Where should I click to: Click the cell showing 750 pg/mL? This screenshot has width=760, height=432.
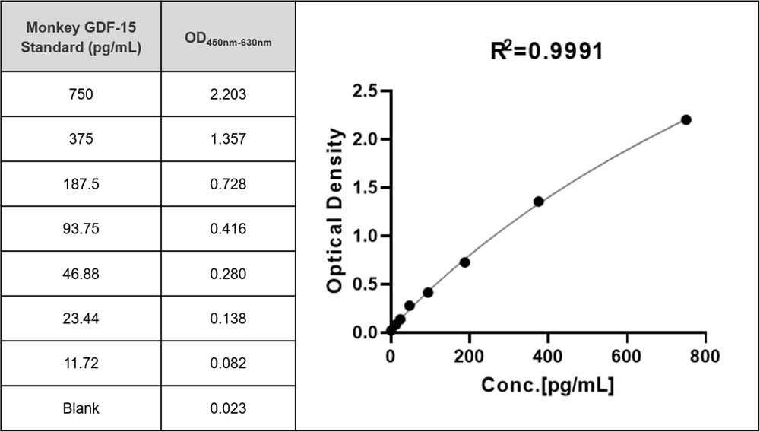(x=81, y=94)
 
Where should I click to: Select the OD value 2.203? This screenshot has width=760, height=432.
(x=228, y=94)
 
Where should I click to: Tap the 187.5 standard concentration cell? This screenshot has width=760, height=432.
(x=81, y=184)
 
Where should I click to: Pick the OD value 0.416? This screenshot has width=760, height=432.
(x=228, y=229)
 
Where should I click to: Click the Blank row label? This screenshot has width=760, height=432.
(x=81, y=408)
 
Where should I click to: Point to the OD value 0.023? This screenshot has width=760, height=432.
(x=228, y=408)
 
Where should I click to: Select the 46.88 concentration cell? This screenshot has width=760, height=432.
(x=81, y=274)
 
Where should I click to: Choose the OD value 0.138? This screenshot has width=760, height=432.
(x=228, y=319)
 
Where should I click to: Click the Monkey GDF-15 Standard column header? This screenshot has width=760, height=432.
(x=81, y=37)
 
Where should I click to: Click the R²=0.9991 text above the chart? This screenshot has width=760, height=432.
(x=546, y=51)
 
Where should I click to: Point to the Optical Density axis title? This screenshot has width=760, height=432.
(x=334, y=211)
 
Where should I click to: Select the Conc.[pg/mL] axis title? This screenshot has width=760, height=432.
(x=548, y=386)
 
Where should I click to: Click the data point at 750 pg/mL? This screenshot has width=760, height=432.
(x=686, y=119)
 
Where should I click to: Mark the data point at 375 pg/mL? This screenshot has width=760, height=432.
(x=539, y=202)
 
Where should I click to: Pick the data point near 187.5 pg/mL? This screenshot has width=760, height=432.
(x=464, y=262)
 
